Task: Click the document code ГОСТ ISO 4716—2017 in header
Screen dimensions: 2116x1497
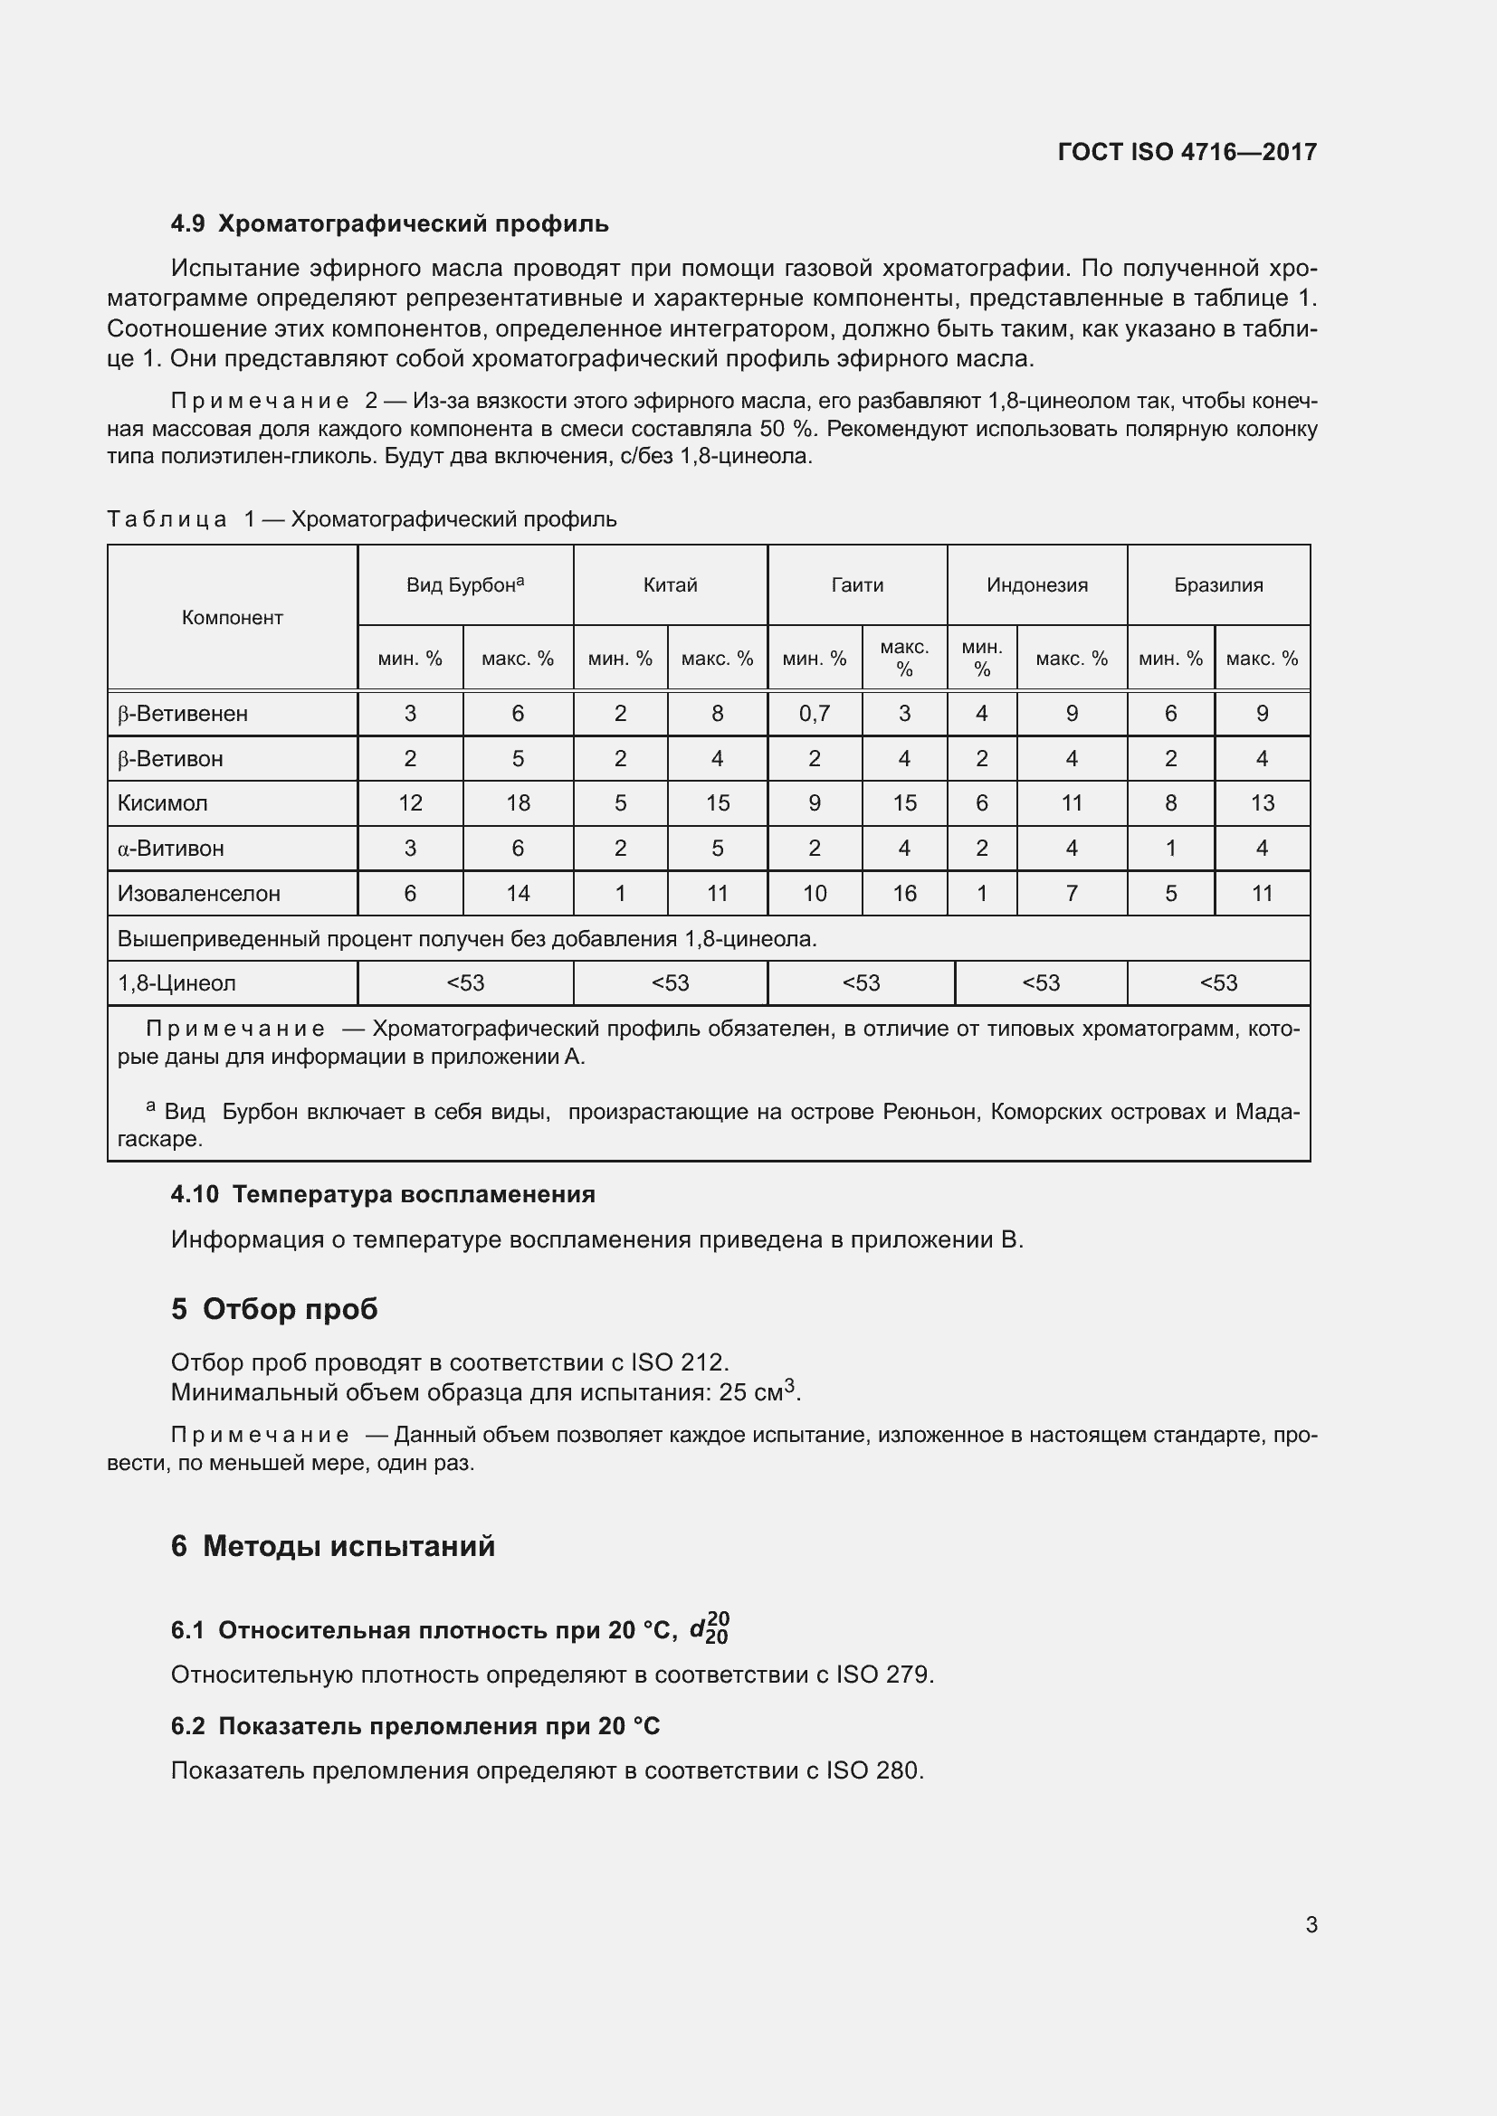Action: point(1187,152)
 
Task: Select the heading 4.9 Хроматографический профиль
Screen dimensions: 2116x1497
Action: point(389,224)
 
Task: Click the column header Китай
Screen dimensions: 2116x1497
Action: point(670,585)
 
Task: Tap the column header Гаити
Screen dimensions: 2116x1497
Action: point(857,585)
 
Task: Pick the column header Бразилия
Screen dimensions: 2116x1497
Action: point(1217,585)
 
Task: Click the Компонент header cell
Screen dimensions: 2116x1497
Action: point(233,618)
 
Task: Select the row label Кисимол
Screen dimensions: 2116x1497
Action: point(162,802)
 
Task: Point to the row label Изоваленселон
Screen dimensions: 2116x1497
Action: point(198,893)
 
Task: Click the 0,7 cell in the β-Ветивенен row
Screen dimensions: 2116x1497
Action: point(814,713)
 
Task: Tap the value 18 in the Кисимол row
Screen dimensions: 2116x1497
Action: point(518,802)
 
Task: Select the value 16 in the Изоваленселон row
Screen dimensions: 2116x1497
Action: point(904,893)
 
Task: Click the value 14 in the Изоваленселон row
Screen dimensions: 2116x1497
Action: point(518,893)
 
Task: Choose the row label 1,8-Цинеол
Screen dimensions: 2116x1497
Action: point(177,983)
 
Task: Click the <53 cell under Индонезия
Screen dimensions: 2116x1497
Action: point(1041,983)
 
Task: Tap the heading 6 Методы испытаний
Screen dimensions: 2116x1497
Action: point(333,1545)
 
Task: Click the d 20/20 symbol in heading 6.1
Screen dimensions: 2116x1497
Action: point(710,1627)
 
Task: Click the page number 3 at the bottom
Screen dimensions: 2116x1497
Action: point(1311,1924)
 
